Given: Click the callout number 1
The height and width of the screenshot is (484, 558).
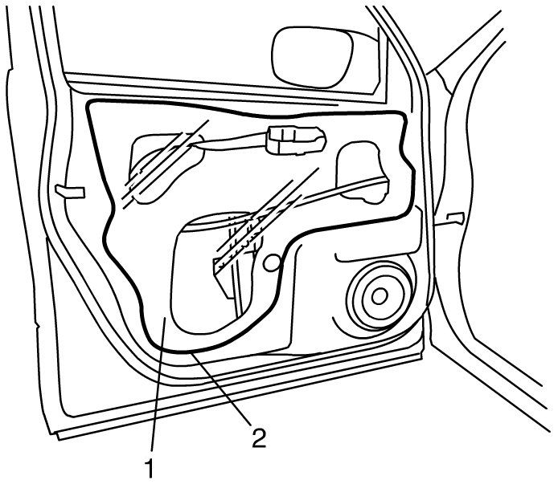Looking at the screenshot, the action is [x=150, y=469].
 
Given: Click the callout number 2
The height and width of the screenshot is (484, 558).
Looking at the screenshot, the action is [x=259, y=437].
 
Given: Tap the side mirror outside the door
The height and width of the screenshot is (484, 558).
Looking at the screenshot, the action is [x=313, y=57].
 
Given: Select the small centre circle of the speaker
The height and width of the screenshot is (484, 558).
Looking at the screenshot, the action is [x=380, y=295].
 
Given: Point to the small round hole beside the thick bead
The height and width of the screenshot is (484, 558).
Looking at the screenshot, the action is [x=273, y=263].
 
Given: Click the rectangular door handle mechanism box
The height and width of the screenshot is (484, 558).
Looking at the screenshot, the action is [x=296, y=140].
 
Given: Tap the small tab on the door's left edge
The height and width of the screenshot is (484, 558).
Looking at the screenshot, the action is [x=69, y=191].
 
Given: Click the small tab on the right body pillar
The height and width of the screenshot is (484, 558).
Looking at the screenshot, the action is [x=456, y=218].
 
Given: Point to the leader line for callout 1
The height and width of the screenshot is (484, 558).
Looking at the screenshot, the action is [x=158, y=385].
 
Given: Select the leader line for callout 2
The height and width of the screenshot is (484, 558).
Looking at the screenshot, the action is [x=220, y=388].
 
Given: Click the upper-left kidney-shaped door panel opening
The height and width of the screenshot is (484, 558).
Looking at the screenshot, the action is [x=166, y=168].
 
